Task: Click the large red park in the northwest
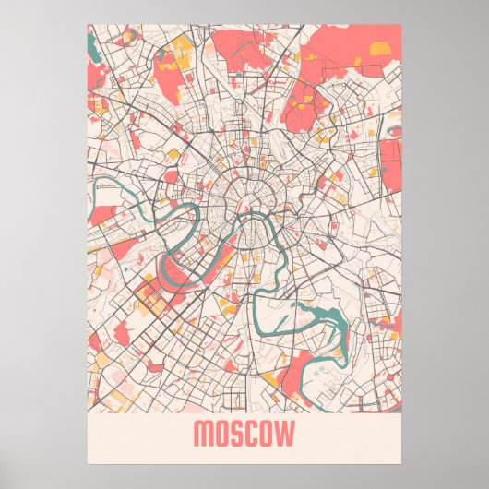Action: click(x=165, y=78)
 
